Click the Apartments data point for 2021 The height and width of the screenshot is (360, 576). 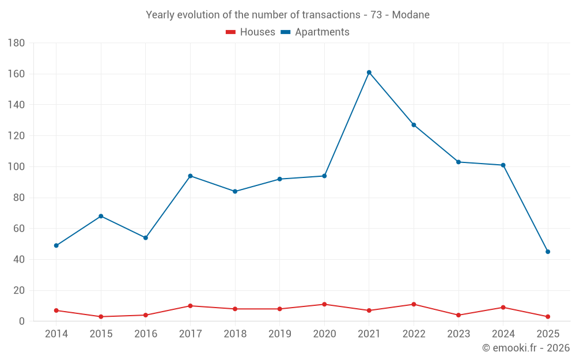(369, 73)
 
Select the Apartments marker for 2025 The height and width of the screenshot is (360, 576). (548, 252)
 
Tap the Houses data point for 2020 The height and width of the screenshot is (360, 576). (324, 304)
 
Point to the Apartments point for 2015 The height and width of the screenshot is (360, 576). (101, 216)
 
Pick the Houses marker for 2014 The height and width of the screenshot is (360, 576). (56, 310)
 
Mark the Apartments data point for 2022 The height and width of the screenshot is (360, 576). (414, 125)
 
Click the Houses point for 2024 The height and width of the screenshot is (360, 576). (503, 308)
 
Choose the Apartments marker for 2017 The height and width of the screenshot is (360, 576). (190, 176)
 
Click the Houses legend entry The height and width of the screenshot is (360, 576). (251, 32)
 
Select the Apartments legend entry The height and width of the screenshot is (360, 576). (315, 32)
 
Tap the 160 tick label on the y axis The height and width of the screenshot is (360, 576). (16, 74)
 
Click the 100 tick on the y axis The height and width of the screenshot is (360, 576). (16, 167)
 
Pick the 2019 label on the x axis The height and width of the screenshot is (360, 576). (279, 334)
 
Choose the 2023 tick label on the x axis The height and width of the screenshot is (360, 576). (458, 334)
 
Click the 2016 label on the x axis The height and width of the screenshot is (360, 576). (146, 334)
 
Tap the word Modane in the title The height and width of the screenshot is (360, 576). (411, 15)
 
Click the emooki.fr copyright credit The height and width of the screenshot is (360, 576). (525, 348)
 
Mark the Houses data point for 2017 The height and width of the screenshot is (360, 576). (190, 306)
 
